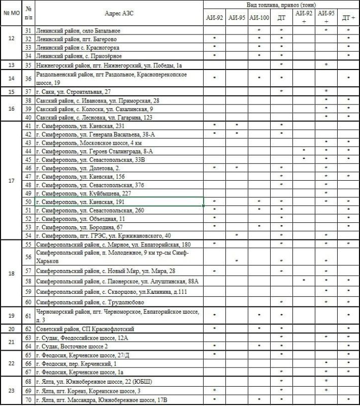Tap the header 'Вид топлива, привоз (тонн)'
click(x=281, y=4)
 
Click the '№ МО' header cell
click(x=12, y=13)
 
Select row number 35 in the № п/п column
click(x=28, y=65)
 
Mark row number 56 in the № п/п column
click(x=28, y=256)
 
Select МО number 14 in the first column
click(x=12, y=78)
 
